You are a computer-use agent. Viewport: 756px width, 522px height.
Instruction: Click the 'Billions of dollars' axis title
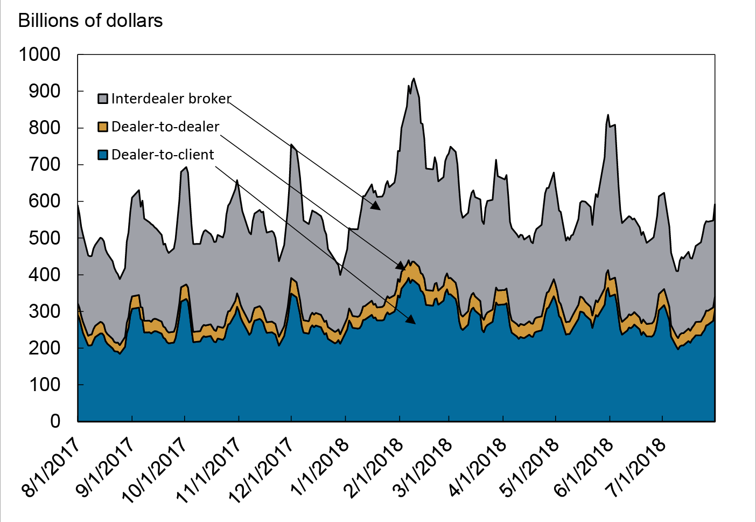90,20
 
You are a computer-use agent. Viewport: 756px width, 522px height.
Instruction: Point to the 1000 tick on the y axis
40,54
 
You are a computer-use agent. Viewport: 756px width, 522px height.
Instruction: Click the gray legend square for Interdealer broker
103,99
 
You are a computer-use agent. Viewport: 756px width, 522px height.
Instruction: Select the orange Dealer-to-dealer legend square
103,127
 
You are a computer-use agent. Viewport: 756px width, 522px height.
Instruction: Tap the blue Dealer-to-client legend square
103,155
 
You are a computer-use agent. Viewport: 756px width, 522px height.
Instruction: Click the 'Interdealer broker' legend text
171,99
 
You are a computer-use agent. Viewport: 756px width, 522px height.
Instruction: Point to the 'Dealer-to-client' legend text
163,155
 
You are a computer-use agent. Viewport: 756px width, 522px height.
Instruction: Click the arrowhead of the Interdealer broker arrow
376,205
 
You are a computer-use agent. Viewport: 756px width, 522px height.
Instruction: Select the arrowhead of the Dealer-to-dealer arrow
401,266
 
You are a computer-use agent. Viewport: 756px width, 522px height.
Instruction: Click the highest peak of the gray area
414,79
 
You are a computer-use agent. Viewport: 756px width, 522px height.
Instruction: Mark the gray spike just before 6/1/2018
608,115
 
